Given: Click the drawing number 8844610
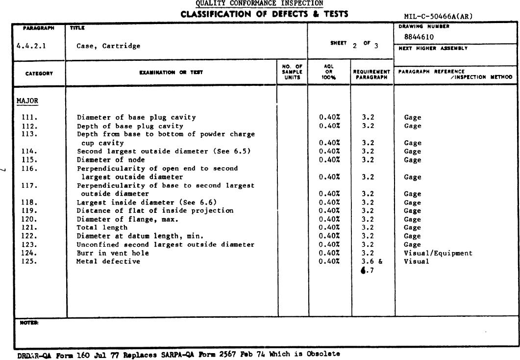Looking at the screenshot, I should (419, 37).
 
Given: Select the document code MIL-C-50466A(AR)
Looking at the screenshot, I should (435, 16).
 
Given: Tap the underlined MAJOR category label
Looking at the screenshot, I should (27, 101).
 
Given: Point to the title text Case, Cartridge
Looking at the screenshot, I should (108, 46).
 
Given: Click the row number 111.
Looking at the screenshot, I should (29, 118).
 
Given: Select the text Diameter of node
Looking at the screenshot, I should (111, 160).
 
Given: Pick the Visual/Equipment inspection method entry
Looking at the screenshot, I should (438, 253).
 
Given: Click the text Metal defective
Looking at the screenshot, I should (108, 261).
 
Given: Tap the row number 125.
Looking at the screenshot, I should (29, 261).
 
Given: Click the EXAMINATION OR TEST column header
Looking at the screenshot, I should (171, 73).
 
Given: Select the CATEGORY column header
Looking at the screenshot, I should (39, 74).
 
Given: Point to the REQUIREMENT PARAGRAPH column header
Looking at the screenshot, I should (372, 75).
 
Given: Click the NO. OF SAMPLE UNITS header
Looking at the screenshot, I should (292, 72).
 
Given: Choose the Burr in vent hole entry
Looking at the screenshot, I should (113, 253).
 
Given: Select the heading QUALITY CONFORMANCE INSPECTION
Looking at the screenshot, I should (259, 4).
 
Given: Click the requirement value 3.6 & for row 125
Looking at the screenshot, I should (372, 261).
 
